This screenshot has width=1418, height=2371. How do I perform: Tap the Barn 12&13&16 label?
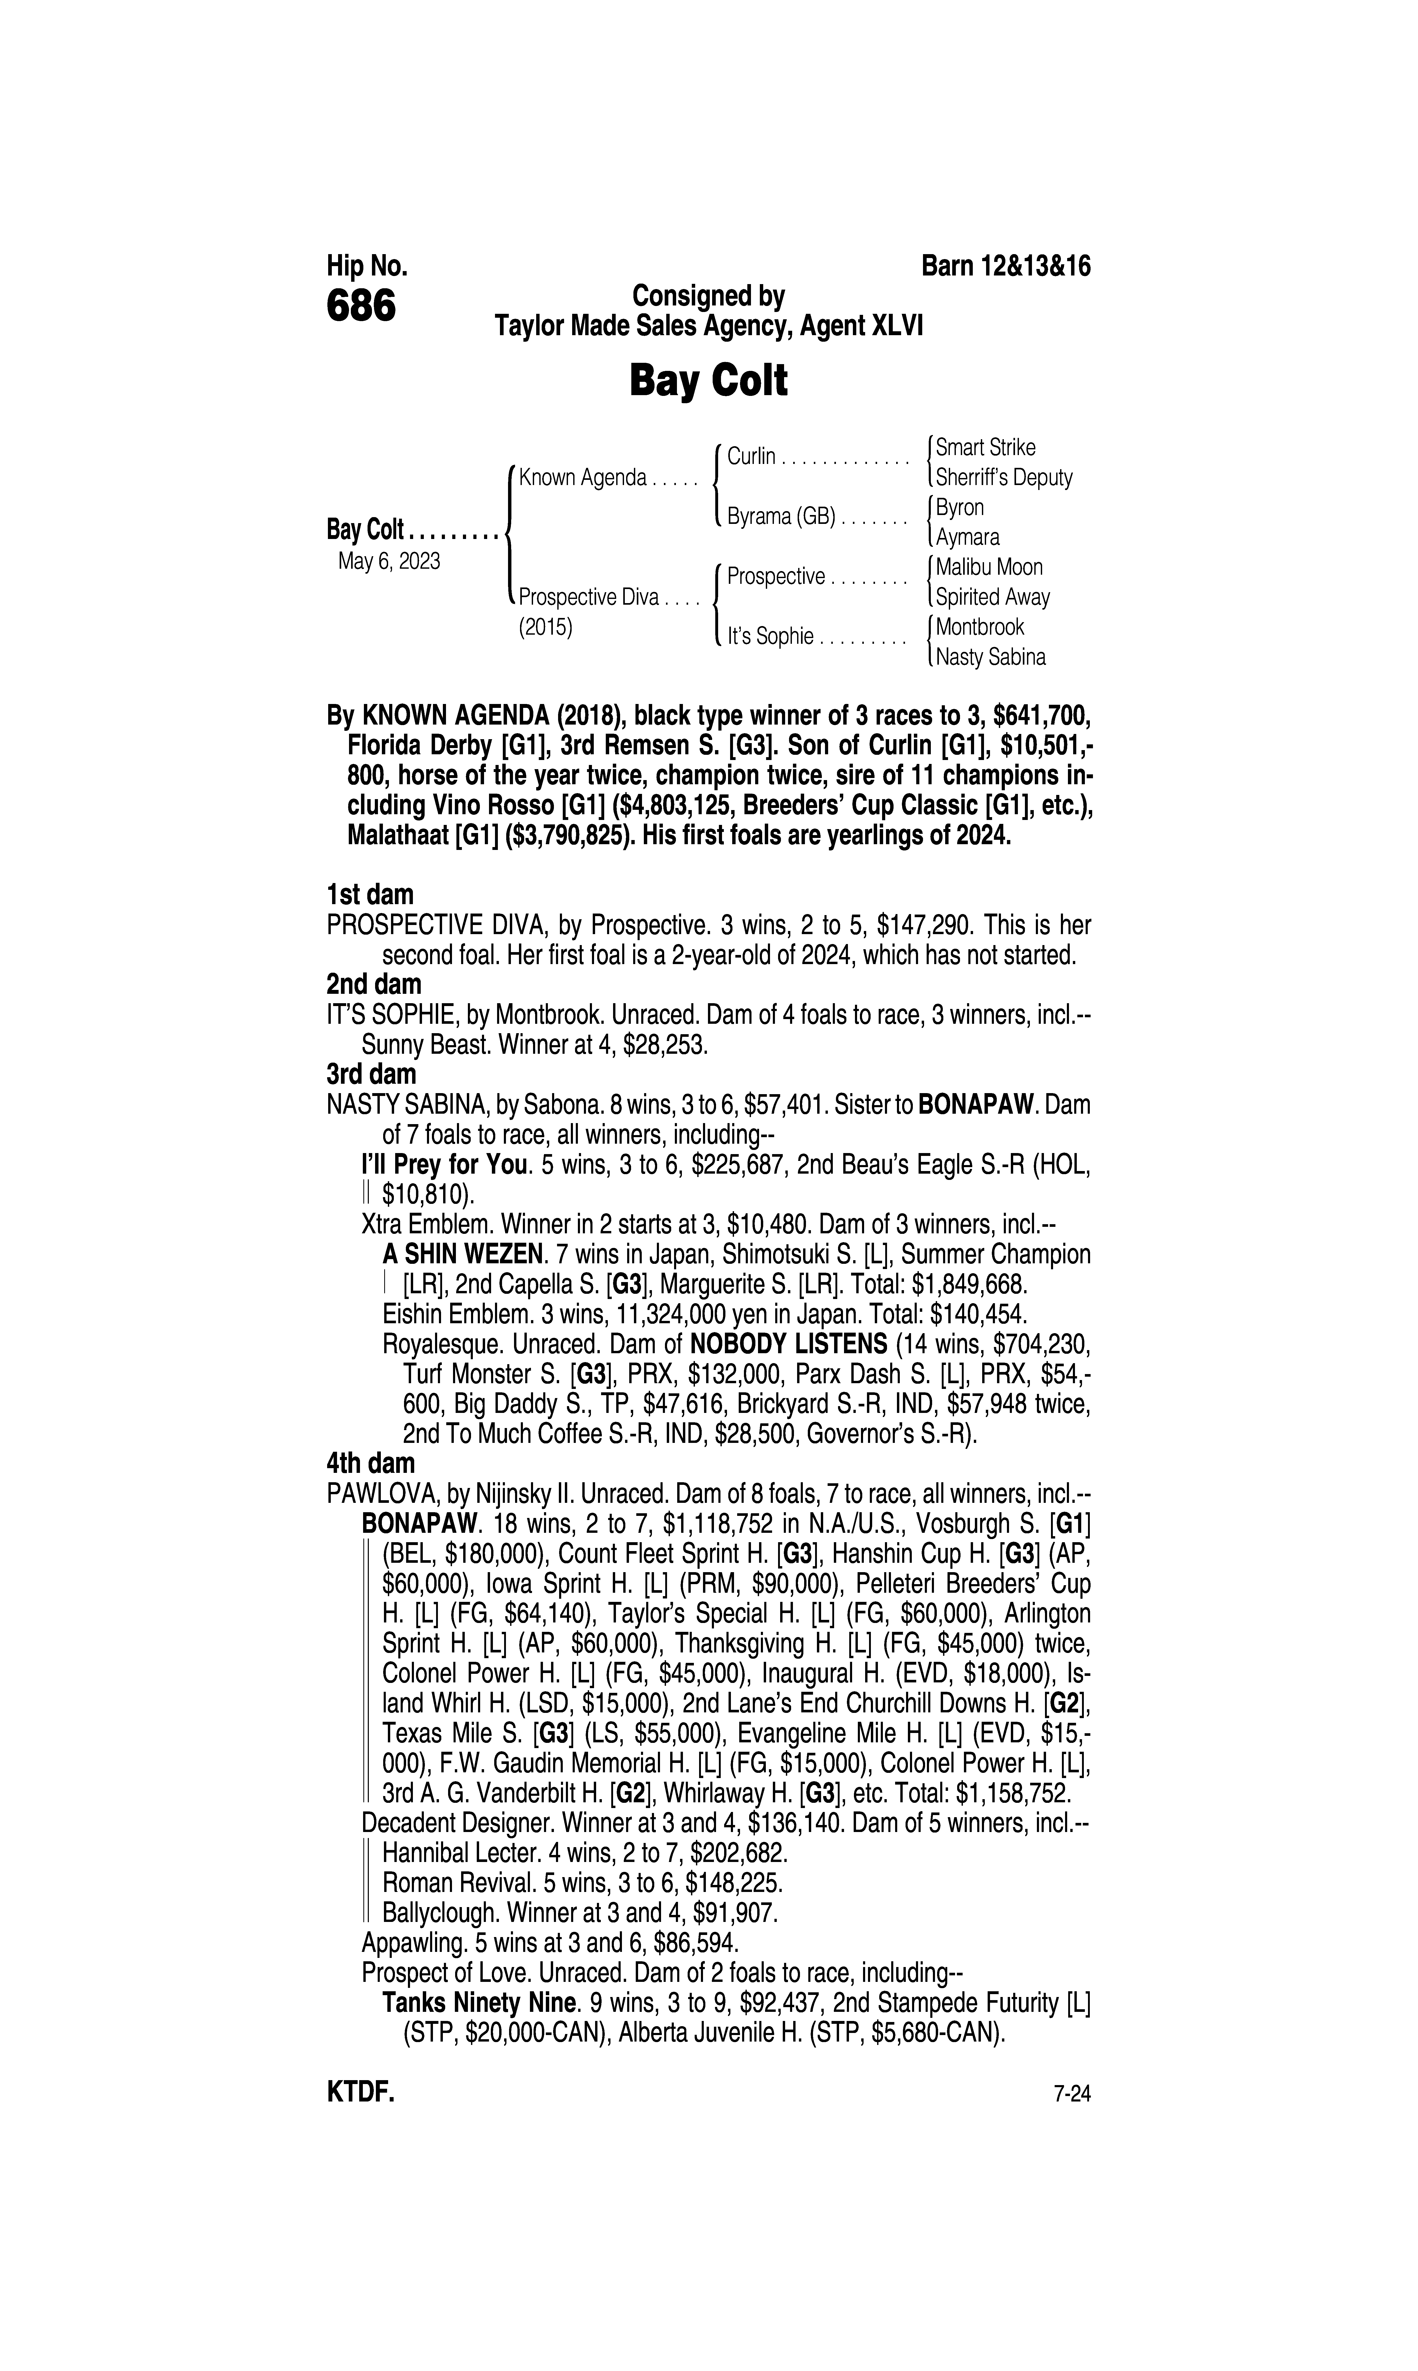[x=1005, y=266]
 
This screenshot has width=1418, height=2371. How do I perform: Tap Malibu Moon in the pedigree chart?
[x=989, y=567]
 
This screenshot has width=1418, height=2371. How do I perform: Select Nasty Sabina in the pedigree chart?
[x=991, y=657]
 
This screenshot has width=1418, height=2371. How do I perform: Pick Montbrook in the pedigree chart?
[x=979, y=628]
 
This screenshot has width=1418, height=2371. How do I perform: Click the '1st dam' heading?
[x=370, y=895]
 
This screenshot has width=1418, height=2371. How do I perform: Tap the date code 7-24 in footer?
[x=1071, y=2095]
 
